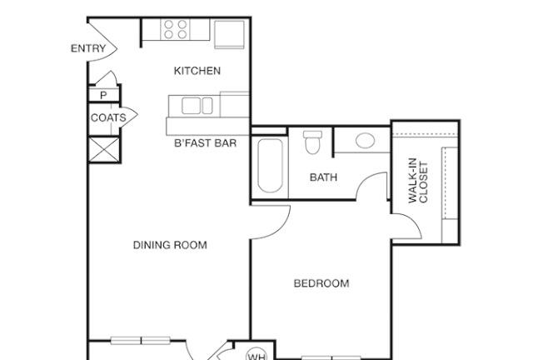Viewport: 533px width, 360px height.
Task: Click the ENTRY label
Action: tap(88, 48)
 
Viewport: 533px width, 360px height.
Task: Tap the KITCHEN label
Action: tap(197, 71)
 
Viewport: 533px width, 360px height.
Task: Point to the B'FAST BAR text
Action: tap(205, 142)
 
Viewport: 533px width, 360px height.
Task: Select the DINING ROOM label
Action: tap(170, 245)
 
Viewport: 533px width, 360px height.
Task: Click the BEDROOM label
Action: tap(321, 283)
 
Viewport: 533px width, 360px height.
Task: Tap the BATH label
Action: tap(323, 177)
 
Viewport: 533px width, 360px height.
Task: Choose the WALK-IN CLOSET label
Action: tap(418, 181)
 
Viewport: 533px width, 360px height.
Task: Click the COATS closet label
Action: tap(108, 117)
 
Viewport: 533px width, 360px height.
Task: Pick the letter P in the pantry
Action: tap(103, 95)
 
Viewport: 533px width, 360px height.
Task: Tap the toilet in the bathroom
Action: tap(313, 142)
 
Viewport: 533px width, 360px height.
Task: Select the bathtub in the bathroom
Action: tap(270, 165)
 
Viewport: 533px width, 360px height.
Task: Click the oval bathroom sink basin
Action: tap(365, 141)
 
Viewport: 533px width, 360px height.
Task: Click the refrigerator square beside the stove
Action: tap(229, 34)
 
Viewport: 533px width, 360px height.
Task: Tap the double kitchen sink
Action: tap(197, 106)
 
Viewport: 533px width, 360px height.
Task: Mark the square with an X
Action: tap(104, 149)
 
